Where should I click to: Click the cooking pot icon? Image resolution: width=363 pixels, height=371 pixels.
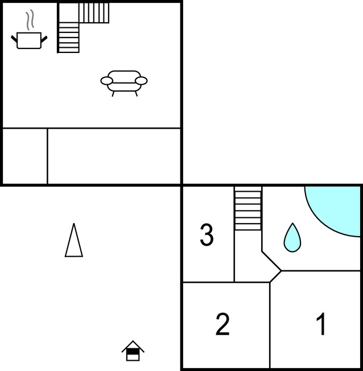[x=29, y=41]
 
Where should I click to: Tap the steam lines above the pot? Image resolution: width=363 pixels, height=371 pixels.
[x=30, y=20]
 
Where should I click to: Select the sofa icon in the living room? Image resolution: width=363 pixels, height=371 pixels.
[x=124, y=84]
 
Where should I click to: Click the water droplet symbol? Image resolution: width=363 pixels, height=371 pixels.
[x=292, y=237]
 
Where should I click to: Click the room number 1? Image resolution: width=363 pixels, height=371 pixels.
[x=321, y=324]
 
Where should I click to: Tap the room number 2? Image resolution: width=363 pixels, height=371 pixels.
[x=222, y=324]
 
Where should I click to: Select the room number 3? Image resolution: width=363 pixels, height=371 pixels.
[x=207, y=235]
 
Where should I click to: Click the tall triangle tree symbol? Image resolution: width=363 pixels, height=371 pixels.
[x=74, y=240]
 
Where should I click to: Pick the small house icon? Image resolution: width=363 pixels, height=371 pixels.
[x=133, y=351]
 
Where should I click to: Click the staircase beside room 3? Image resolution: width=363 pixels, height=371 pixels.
[x=248, y=208]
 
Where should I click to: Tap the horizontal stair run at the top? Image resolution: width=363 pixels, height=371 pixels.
[x=94, y=13]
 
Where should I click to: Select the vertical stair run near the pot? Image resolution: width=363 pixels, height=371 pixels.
[x=69, y=38]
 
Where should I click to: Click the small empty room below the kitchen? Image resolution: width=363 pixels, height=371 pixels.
[x=25, y=156]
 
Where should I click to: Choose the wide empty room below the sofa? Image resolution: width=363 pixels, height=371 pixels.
[x=114, y=156]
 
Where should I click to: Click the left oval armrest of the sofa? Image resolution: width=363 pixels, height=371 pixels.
[x=106, y=81]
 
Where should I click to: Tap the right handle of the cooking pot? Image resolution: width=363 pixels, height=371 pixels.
[x=44, y=39]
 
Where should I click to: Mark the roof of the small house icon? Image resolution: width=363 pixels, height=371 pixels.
[x=133, y=346]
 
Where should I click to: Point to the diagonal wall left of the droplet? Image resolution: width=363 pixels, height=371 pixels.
[x=271, y=261]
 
